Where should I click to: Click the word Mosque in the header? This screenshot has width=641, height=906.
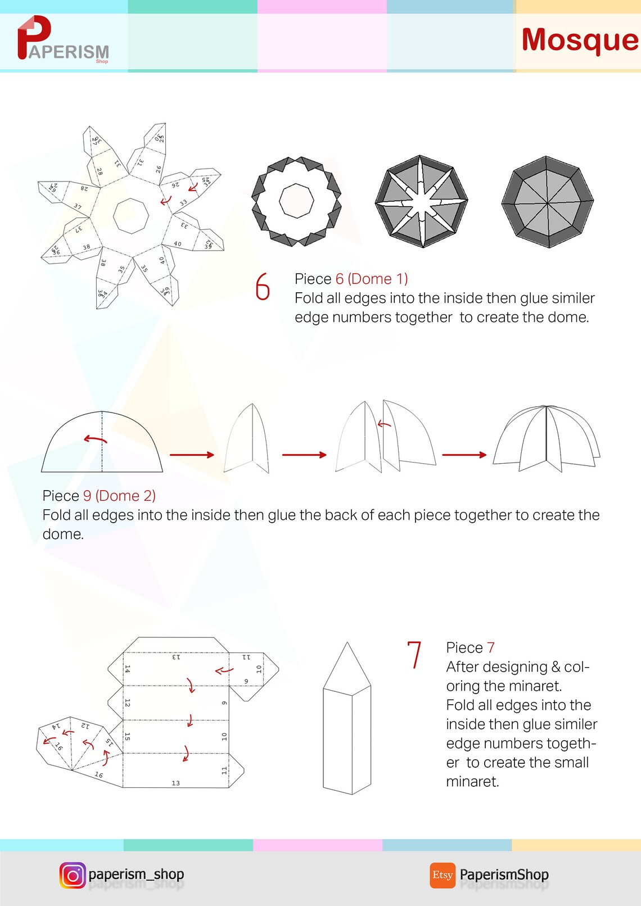pos(579,40)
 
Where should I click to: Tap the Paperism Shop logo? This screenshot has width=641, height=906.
pos(62,39)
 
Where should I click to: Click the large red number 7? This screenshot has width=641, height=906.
pos(414,655)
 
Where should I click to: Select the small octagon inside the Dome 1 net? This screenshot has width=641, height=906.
pos(130,215)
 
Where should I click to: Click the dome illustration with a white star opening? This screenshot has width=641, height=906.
pos(421,202)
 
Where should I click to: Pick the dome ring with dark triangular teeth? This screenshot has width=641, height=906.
pos(296,201)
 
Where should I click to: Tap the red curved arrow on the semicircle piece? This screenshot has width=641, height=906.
pos(95,439)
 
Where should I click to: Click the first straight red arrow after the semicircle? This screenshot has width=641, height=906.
pos(192,455)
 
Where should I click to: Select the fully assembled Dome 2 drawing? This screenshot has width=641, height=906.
pos(546,439)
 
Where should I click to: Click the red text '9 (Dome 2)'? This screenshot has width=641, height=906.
pos(119,496)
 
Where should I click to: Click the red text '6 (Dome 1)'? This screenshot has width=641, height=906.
pos(371,279)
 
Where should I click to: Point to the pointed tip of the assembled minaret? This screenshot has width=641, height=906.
pos(347,644)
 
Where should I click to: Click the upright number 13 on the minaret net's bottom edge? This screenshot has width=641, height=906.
pos(175,783)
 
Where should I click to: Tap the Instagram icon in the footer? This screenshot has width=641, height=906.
pos(73,875)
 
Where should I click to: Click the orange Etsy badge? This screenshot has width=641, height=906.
pos(443,875)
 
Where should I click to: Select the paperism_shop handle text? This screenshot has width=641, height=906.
pos(136,875)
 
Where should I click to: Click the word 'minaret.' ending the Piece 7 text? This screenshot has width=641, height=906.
pos(472,782)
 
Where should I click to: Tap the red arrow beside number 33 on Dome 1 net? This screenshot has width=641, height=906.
pos(166,200)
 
